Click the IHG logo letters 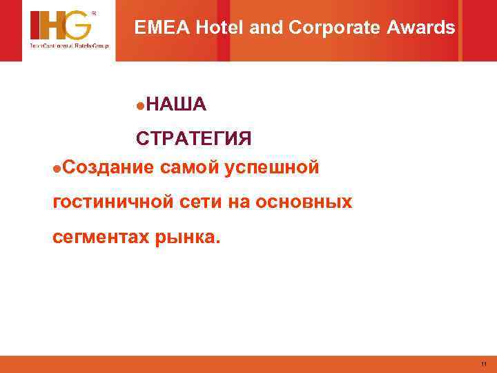[60, 26]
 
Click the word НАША [175, 104]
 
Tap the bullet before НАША [140, 105]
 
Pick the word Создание [108, 166]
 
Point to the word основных [303, 202]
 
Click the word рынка [188, 239]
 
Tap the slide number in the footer [484, 364]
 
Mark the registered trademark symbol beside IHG [95, 12]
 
